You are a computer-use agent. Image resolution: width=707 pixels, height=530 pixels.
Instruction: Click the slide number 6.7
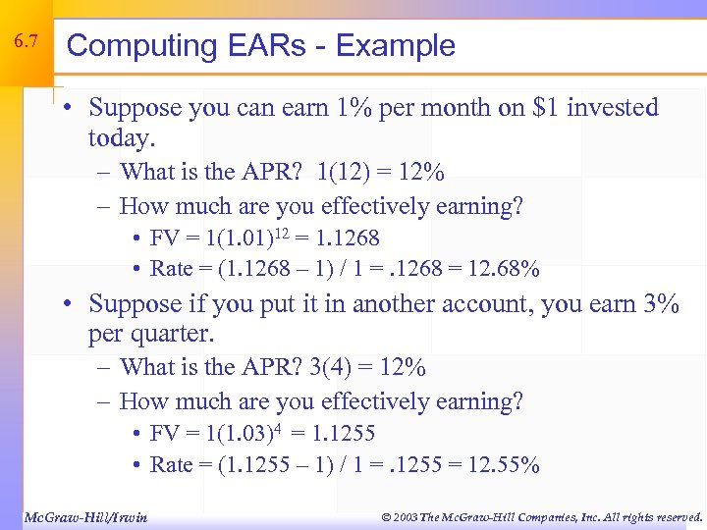tap(27, 42)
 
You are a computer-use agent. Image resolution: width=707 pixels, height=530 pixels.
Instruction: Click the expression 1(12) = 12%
tap(381, 173)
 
